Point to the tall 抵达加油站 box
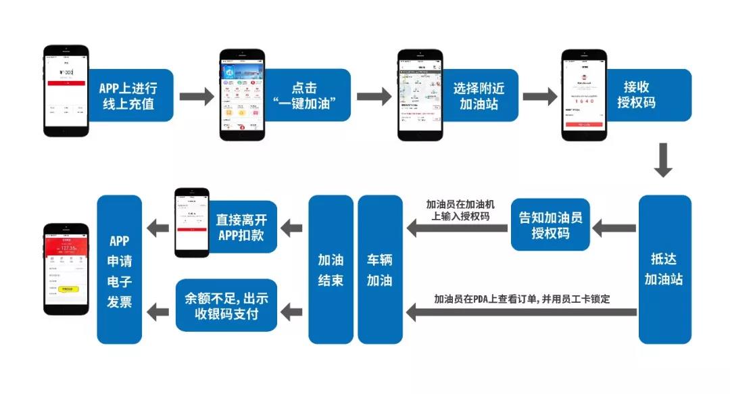[664, 269]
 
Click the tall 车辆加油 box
[380, 269]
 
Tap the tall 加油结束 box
[331, 269]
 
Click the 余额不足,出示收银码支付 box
[226, 305]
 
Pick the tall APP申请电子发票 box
[119, 269]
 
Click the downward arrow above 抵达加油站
[664, 159]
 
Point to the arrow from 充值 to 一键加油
[196, 95]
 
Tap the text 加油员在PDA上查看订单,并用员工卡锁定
[522, 298]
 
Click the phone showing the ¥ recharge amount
[66, 93]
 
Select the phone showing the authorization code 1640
[583, 95]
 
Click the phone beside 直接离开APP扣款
[192, 222]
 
